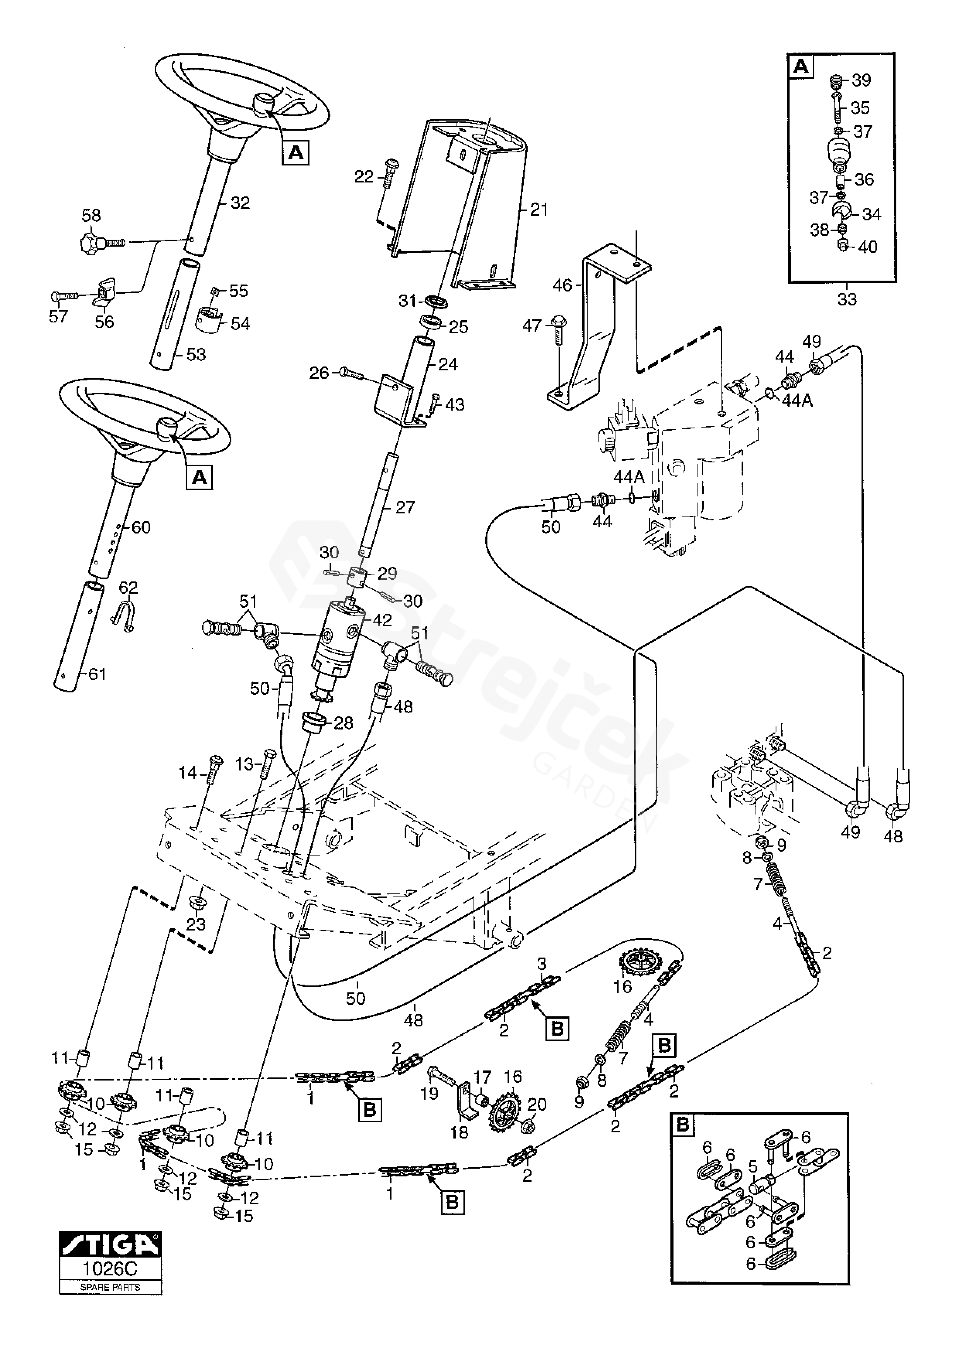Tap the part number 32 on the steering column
pos(240,203)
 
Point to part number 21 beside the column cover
pos(538,210)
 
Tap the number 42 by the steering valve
pos(382,620)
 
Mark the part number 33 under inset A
pos(847,299)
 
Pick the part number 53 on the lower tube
pos(195,354)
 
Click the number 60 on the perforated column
pos(140,527)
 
